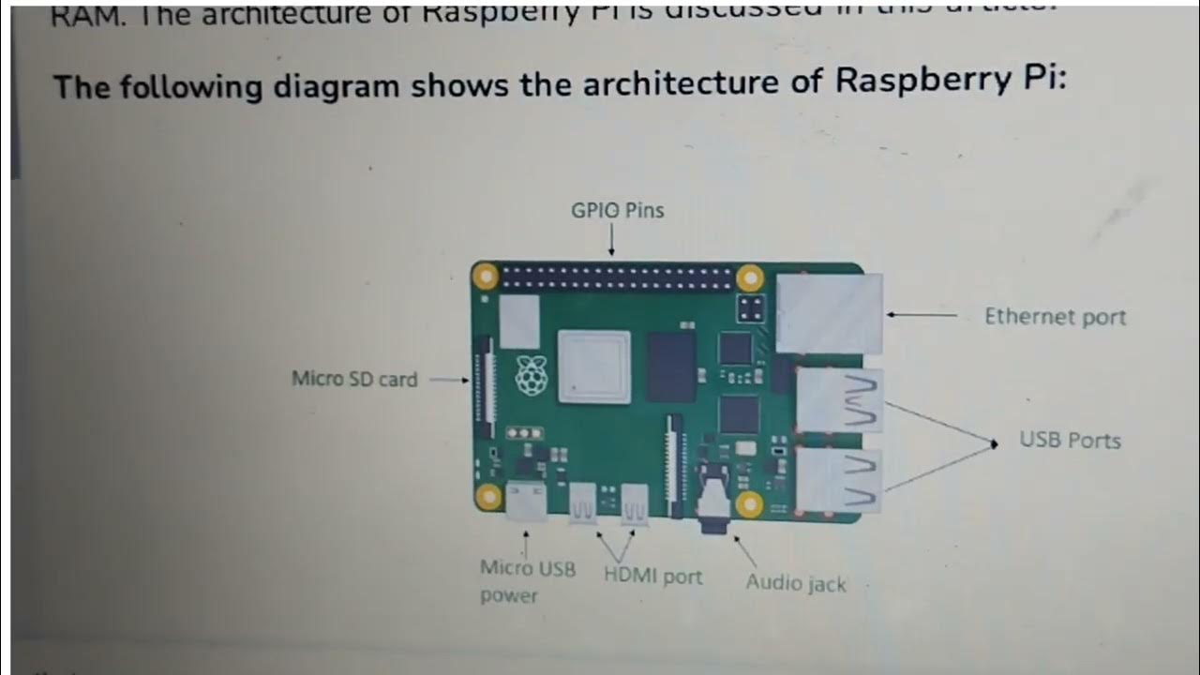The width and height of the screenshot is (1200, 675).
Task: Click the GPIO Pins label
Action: point(617,211)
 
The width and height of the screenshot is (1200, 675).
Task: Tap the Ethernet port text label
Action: point(1055,317)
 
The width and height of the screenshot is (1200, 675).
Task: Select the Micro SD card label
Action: point(354,380)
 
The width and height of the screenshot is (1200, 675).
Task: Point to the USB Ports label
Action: point(1070,440)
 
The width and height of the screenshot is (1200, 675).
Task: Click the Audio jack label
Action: point(795,582)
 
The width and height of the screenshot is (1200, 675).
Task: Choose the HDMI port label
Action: point(652,577)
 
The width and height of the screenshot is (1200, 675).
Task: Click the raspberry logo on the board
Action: point(530,377)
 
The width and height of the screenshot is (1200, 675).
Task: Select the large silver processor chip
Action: point(594,366)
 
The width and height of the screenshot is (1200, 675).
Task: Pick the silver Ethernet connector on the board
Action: point(830,313)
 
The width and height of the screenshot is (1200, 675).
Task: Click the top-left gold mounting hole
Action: point(486,277)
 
